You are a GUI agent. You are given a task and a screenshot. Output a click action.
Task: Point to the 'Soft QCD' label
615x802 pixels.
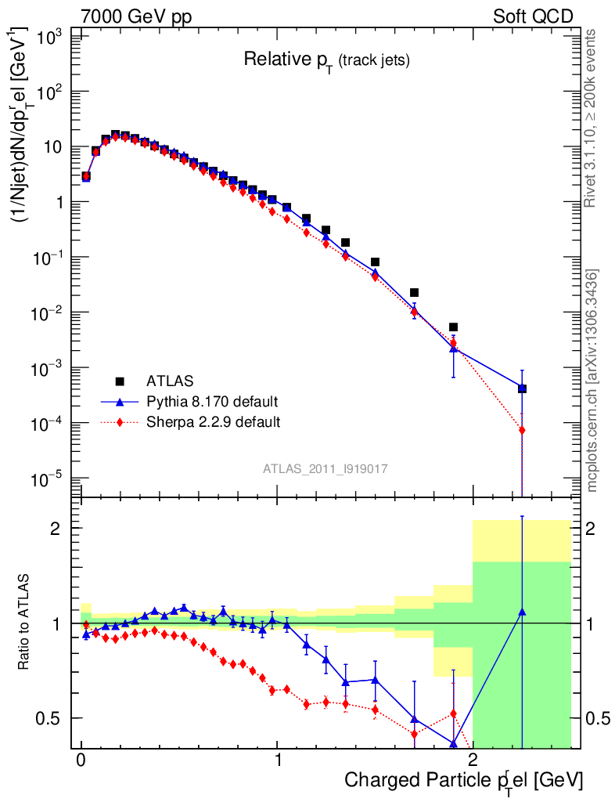click(x=533, y=16)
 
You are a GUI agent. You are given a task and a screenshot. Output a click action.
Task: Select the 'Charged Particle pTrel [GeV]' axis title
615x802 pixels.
click(x=463, y=780)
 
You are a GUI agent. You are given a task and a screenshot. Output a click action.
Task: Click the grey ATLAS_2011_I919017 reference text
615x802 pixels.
click(x=325, y=468)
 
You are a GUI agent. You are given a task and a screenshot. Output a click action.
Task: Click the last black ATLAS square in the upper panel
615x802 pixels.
click(x=522, y=388)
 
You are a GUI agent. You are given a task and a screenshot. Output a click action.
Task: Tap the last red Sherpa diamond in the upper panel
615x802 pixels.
click(x=522, y=430)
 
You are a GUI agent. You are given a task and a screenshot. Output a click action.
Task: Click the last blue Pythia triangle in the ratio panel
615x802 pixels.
click(x=522, y=612)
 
